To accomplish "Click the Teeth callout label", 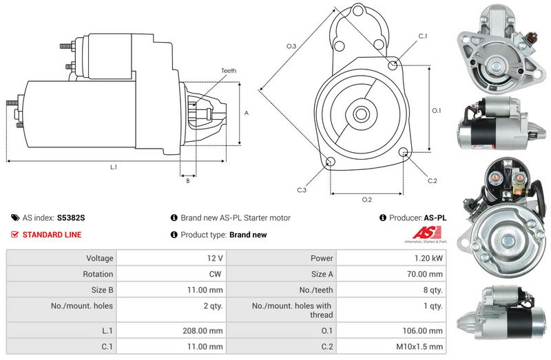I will click(229, 71).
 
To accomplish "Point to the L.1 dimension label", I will click(114, 167).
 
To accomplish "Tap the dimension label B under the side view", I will click(188, 181).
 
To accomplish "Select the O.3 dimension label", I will click(291, 46).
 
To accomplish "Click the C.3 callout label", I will click(302, 190).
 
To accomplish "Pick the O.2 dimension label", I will click(367, 200).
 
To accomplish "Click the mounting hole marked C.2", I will click(404, 153).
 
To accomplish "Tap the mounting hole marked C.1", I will click(393, 65).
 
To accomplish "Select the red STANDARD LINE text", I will click(52, 235).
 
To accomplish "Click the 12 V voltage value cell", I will click(215, 258).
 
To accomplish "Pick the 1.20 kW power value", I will click(429, 258).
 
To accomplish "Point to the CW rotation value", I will click(215, 274).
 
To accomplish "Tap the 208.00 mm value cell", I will click(207, 330).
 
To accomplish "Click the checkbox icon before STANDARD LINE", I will click(15, 235).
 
